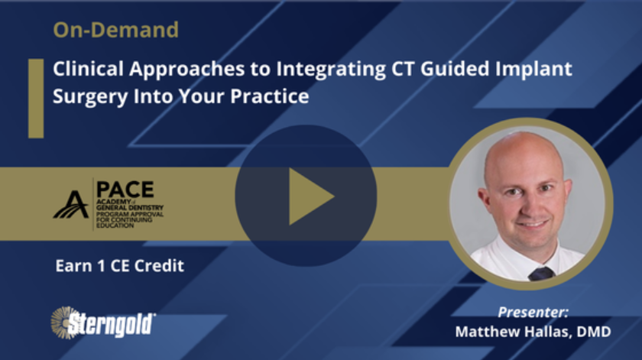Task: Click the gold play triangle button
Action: coord(310,196)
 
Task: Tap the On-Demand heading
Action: coord(115,31)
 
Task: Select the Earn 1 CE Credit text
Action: coord(119,267)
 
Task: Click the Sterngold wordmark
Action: coord(113,323)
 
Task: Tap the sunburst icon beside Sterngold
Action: coord(62,322)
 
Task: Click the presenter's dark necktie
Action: coord(541,273)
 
